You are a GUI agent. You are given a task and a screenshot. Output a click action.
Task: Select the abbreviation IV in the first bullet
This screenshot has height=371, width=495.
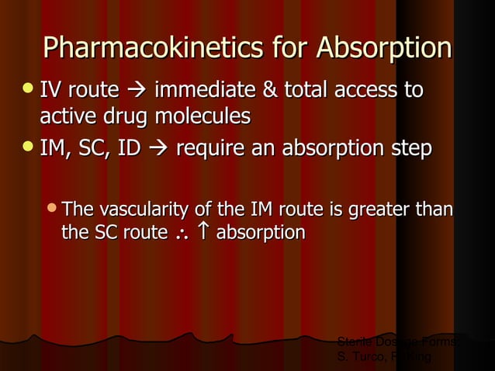tap(53, 92)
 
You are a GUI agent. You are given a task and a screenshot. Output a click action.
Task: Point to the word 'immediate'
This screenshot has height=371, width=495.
tap(204, 92)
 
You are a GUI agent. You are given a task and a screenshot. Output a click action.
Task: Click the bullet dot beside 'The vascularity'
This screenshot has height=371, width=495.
tap(52, 208)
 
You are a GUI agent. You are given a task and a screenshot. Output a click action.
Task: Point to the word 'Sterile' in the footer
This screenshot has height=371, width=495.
tap(353, 342)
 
